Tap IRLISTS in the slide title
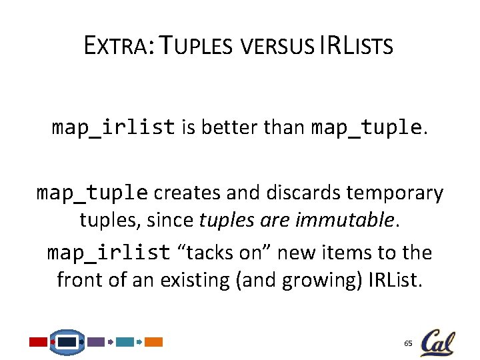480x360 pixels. coord(357,46)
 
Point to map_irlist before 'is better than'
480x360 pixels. coord(113,127)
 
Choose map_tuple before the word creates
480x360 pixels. coord(92,193)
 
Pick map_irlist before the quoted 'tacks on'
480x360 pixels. coord(108,253)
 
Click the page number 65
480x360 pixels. coord(408,343)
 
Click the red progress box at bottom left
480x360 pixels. coord(38,342)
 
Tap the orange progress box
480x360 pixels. coord(154,342)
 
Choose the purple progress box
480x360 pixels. coord(96,342)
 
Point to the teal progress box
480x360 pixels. coord(125,342)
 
